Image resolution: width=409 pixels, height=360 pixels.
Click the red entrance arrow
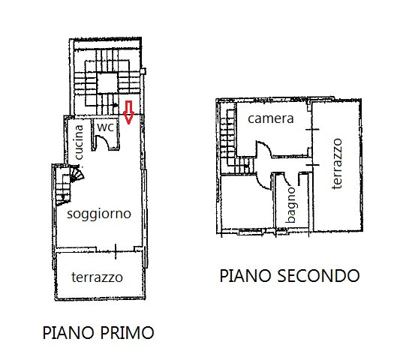click(x=128, y=112)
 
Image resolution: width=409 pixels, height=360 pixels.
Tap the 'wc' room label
click(x=105, y=127)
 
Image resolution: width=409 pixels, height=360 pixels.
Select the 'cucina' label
click(x=79, y=142)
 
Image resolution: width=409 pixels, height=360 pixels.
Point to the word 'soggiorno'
click(x=99, y=214)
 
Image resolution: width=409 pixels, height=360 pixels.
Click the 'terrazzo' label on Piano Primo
click(x=97, y=277)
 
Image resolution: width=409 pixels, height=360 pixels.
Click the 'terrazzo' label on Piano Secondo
click(x=337, y=163)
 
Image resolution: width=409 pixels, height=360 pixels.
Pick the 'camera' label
click(x=271, y=118)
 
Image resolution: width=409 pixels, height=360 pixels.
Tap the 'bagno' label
click(x=291, y=205)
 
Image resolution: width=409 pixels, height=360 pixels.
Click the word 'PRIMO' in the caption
click(x=126, y=333)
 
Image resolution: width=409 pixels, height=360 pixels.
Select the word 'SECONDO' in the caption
click(x=318, y=275)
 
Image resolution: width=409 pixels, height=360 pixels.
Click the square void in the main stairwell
click(x=107, y=83)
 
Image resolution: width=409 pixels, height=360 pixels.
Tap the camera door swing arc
click(x=265, y=148)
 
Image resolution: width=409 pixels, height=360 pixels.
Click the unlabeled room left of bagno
click(x=247, y=202)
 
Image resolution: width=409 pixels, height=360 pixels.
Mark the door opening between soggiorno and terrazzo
click(x=116, y=251)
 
